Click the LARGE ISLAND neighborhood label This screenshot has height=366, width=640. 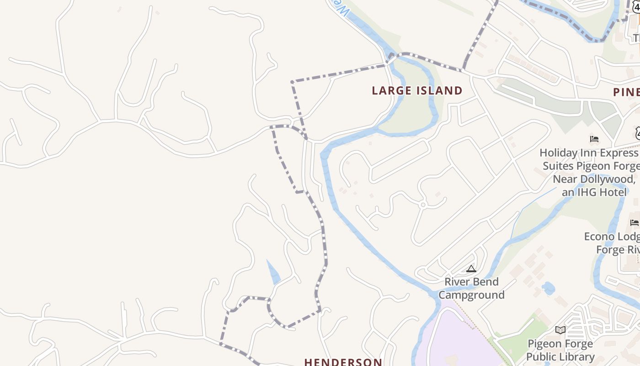[417, 91]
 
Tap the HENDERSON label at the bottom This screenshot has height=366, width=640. [343, 362]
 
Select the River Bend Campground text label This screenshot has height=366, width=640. [471, 288]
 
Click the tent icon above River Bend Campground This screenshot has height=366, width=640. [471, 269]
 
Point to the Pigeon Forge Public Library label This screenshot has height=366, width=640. [560, 350]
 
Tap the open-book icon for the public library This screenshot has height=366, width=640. [560, 330]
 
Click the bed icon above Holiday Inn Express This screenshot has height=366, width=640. [594, 139]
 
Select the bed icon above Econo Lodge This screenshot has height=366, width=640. [634, 223]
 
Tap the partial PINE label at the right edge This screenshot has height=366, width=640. [626, 92]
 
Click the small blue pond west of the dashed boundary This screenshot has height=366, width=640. [273, 273]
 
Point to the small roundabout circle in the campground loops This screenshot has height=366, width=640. [423, 205]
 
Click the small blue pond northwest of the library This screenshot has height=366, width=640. [548, 288]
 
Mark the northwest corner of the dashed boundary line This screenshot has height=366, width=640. [292, 82]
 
